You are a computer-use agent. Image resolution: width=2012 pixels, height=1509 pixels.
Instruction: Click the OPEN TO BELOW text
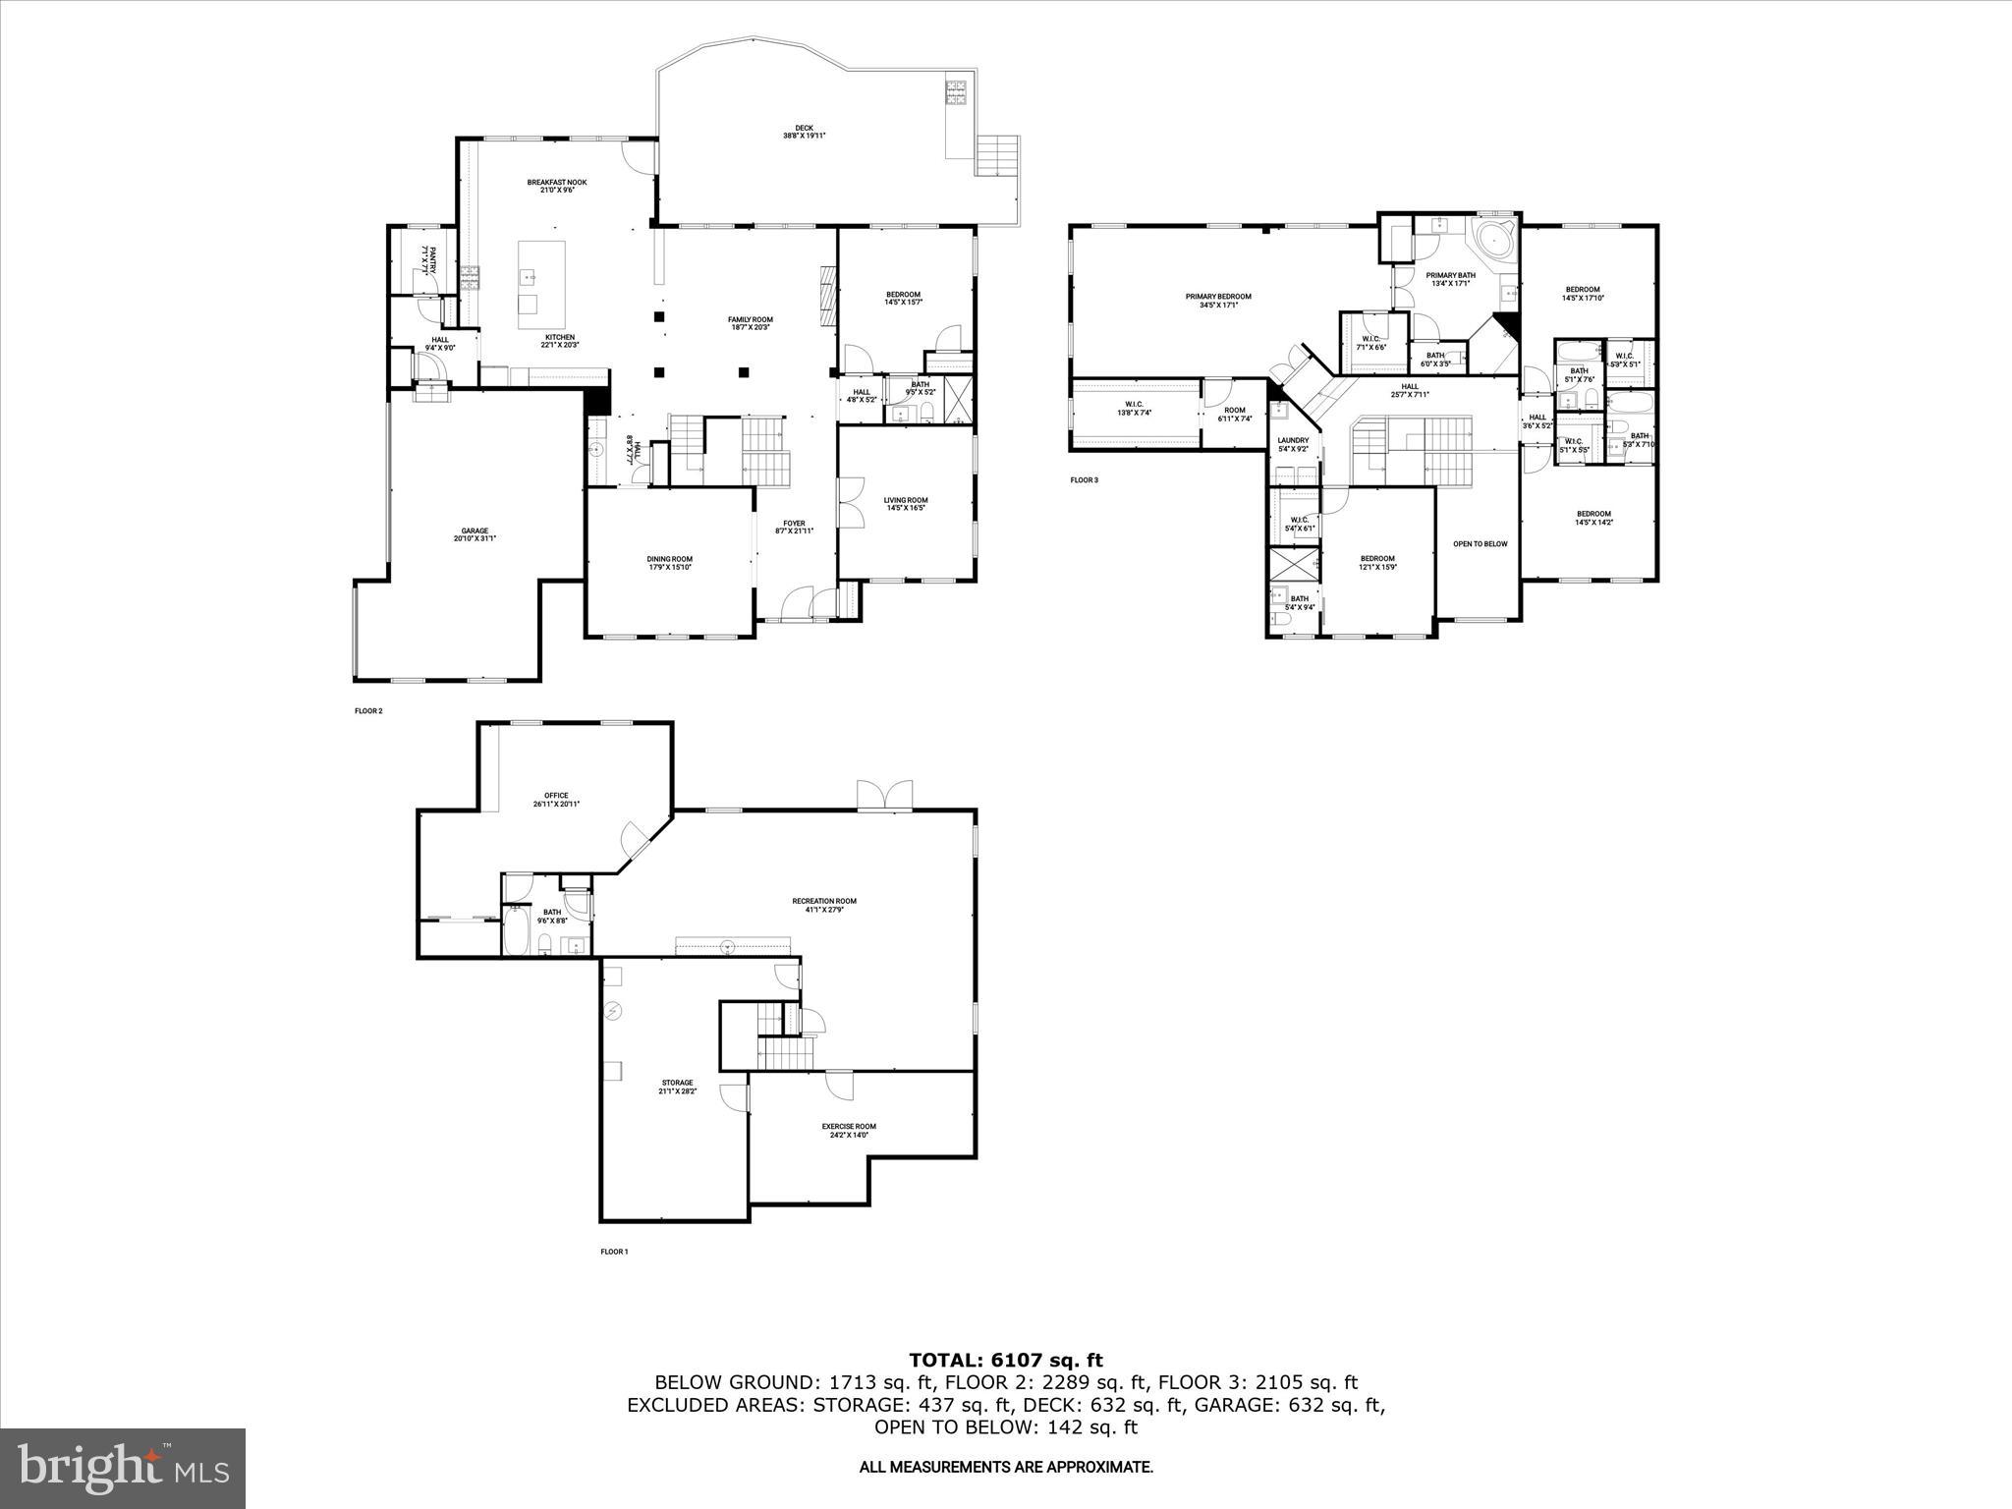tap(1480, 543)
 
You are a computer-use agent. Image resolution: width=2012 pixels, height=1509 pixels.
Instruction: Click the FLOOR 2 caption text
tap(367, 710)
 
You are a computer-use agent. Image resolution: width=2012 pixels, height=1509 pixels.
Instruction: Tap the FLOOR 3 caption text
tap(1084, 480)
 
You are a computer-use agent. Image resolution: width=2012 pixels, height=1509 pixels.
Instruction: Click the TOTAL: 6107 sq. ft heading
tap(1006, 1360)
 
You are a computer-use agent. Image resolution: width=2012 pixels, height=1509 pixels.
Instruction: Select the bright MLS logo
tap(123, 1469)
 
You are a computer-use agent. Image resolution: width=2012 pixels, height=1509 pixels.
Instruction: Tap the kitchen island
tap(542, 285)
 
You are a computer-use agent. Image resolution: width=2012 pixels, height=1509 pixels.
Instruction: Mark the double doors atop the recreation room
tap(885, 795)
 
